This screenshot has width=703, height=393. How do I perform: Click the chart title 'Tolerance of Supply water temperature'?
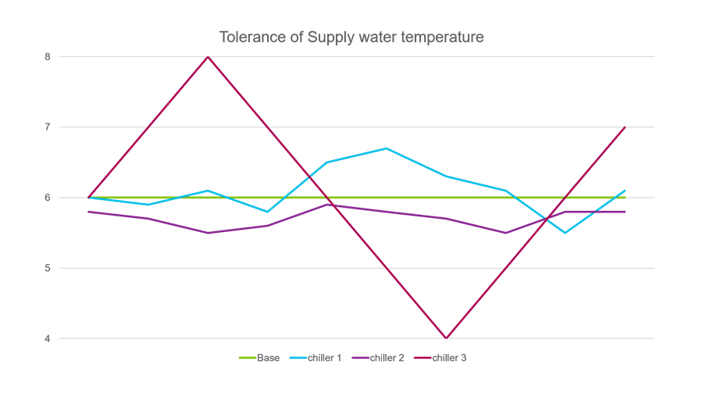coord(351,38)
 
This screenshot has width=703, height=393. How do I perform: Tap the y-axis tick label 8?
coord(48,57)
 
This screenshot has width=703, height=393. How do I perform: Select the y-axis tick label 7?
coord(48,127)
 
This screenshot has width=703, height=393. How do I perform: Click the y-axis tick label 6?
coord(48,198)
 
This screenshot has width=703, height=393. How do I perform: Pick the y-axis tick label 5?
coord(48,268)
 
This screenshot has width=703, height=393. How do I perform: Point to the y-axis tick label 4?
coord(48,338)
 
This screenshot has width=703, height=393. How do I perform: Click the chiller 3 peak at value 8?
coord(208,57)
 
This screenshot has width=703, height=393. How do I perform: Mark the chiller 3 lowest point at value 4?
coord(446,338)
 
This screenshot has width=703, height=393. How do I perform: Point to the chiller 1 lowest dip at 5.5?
coord(566,233)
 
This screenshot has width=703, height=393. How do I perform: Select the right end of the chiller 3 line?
coord(625,127)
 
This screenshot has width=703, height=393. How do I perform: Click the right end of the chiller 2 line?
coord(625,212)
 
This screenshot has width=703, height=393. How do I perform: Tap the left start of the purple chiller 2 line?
coord(89,212)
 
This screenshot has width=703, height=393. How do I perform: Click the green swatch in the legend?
coord(247,358)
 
